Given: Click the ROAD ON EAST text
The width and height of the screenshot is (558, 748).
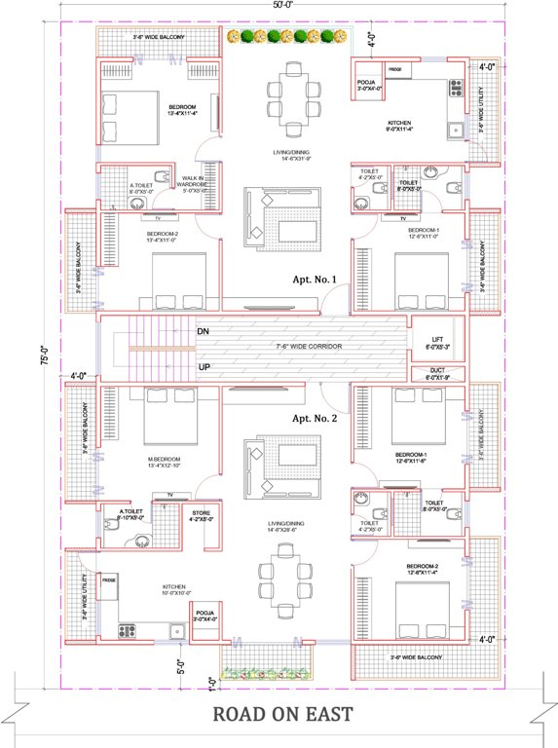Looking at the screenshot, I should point(282,715).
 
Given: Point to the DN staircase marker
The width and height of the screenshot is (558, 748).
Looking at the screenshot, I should point(203,332).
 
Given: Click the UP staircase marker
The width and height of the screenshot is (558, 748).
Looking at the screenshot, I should point(203,367).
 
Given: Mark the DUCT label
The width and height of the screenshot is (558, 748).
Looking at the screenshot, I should point(436,373).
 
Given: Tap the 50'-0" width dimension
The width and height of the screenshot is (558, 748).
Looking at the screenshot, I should point(282,6).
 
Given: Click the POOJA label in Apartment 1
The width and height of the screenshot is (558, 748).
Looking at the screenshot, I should point(367,86).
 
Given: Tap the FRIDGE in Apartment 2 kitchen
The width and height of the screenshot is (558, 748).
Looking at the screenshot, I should point(109,579).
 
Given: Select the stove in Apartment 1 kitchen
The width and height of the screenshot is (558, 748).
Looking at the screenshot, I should point(455,90).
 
